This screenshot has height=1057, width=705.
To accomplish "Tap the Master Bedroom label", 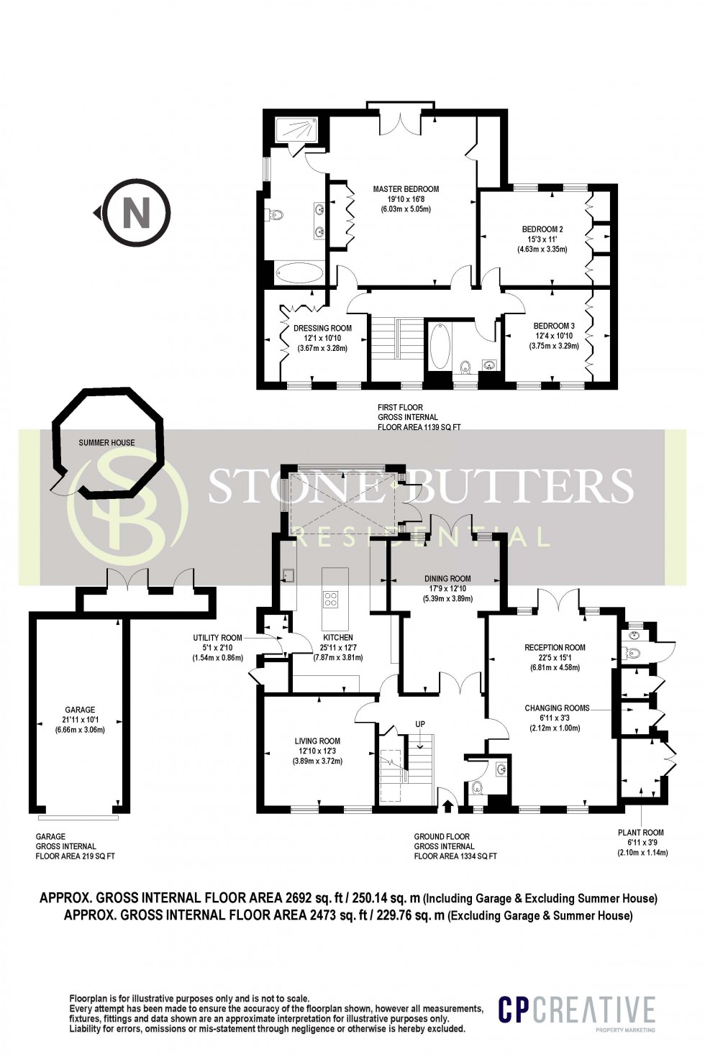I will pyautogui.click(x=405, y=189).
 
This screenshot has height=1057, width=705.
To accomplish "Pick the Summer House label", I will pyautogui.click(x=106, y=442).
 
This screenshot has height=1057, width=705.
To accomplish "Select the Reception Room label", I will pyautogui.click(x=555, y=647).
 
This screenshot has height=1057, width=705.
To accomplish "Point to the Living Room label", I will pyautogui.click(x=317, y=741).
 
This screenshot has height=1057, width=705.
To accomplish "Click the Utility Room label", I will pyautogui.click(x=217, y=638).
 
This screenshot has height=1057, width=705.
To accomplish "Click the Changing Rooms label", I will pyautogui.click(x=557, y=708).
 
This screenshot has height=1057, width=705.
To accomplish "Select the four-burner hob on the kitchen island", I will pyautogui.click(x=332, y=598).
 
